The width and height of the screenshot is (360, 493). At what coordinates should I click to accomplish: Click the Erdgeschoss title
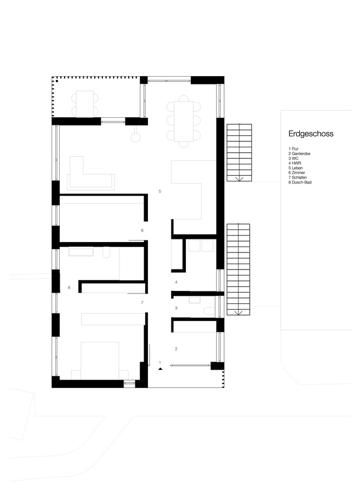pyautogui.click(x=311, y=134)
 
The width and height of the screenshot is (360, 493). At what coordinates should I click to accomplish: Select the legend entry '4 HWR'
pyautogui.click(x=295, y=163)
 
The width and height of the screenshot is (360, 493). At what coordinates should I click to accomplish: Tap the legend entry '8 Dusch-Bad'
pyautogui.click(x=300, y=182)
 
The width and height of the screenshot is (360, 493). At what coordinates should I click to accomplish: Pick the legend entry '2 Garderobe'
pyautogui.click(x=299, y=154)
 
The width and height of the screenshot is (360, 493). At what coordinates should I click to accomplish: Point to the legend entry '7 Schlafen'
pyautogui.click(x=298, y=177)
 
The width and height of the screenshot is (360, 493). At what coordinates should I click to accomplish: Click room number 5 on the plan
pyautogui.click(x=159, y=191)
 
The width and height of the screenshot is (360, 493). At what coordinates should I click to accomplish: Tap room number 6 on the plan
pyautogui.click(x=142, y=231)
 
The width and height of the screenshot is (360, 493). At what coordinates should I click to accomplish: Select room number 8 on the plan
pyautogui.click(x=69, y=288)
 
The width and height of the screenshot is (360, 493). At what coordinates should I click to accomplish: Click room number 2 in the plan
pyautogui.click(x=176, y=349)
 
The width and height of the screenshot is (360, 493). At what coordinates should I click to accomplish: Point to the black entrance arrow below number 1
pyautogui.click(x=161, y=369)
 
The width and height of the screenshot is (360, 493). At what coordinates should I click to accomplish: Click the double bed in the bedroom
pyautogui.click(x=100, y=360)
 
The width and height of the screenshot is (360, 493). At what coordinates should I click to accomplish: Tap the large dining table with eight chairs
pyautogui.click(x=184, y=122)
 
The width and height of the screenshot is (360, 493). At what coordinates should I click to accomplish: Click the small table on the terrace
pyautogui.click(x=85, y=104)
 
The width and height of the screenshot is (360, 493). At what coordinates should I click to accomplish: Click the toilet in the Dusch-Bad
pyautogui.click(x=107, y=253)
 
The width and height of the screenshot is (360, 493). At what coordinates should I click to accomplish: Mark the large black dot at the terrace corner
pyautogui.click(x=57, y=81)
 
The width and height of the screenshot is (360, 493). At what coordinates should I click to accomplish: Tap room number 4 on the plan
pyautogui.click(x=176, y=282)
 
